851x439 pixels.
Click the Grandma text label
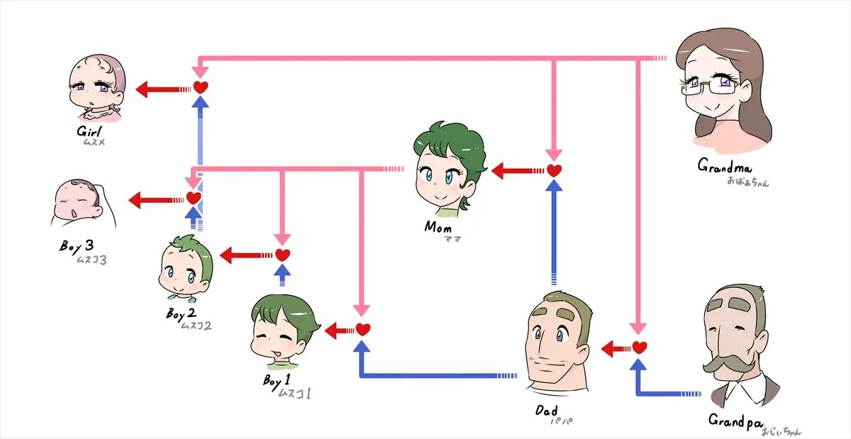click(724, 167)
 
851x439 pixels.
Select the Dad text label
click(547, 411)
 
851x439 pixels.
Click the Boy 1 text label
click(278, 381)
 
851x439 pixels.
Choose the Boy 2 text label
click(181, 313)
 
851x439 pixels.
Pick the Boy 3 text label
click(76, 246)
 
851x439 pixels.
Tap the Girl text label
click(90, 132)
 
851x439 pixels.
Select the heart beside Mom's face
click(554, 170)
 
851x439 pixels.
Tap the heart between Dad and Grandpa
click(640, 348)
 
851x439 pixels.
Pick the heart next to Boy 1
click(363, 329)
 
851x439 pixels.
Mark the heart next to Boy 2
click(282, 255)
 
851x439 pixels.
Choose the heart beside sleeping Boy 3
click(194, 198)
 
